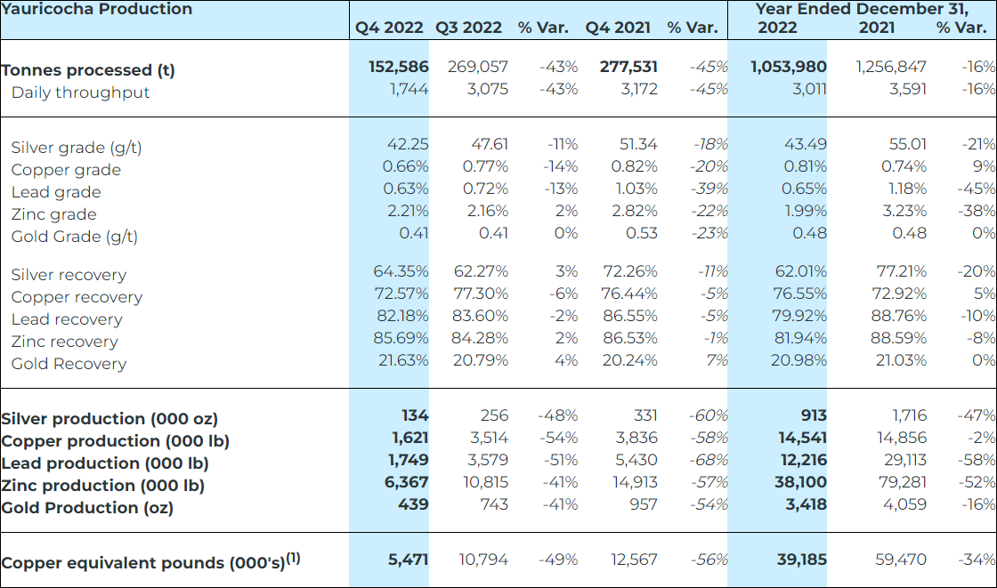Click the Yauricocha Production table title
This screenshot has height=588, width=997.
click(x=96, y=10)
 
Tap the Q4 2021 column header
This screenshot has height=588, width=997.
click(x=618, y=28)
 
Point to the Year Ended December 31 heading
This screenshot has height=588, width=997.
click(x=861, y=10)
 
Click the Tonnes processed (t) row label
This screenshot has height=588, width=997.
click(x=88, y=70)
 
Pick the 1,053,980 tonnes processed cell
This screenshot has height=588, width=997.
click(x=789, y=67)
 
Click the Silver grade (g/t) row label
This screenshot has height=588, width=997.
click(x=77, y=148)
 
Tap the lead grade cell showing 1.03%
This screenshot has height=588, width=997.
click(x=636, y=189)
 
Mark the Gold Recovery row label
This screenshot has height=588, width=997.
click(x=69, y=364)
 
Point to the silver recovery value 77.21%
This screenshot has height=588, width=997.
click(x=900, y=271)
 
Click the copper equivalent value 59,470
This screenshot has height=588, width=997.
click(x=900, y=560)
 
